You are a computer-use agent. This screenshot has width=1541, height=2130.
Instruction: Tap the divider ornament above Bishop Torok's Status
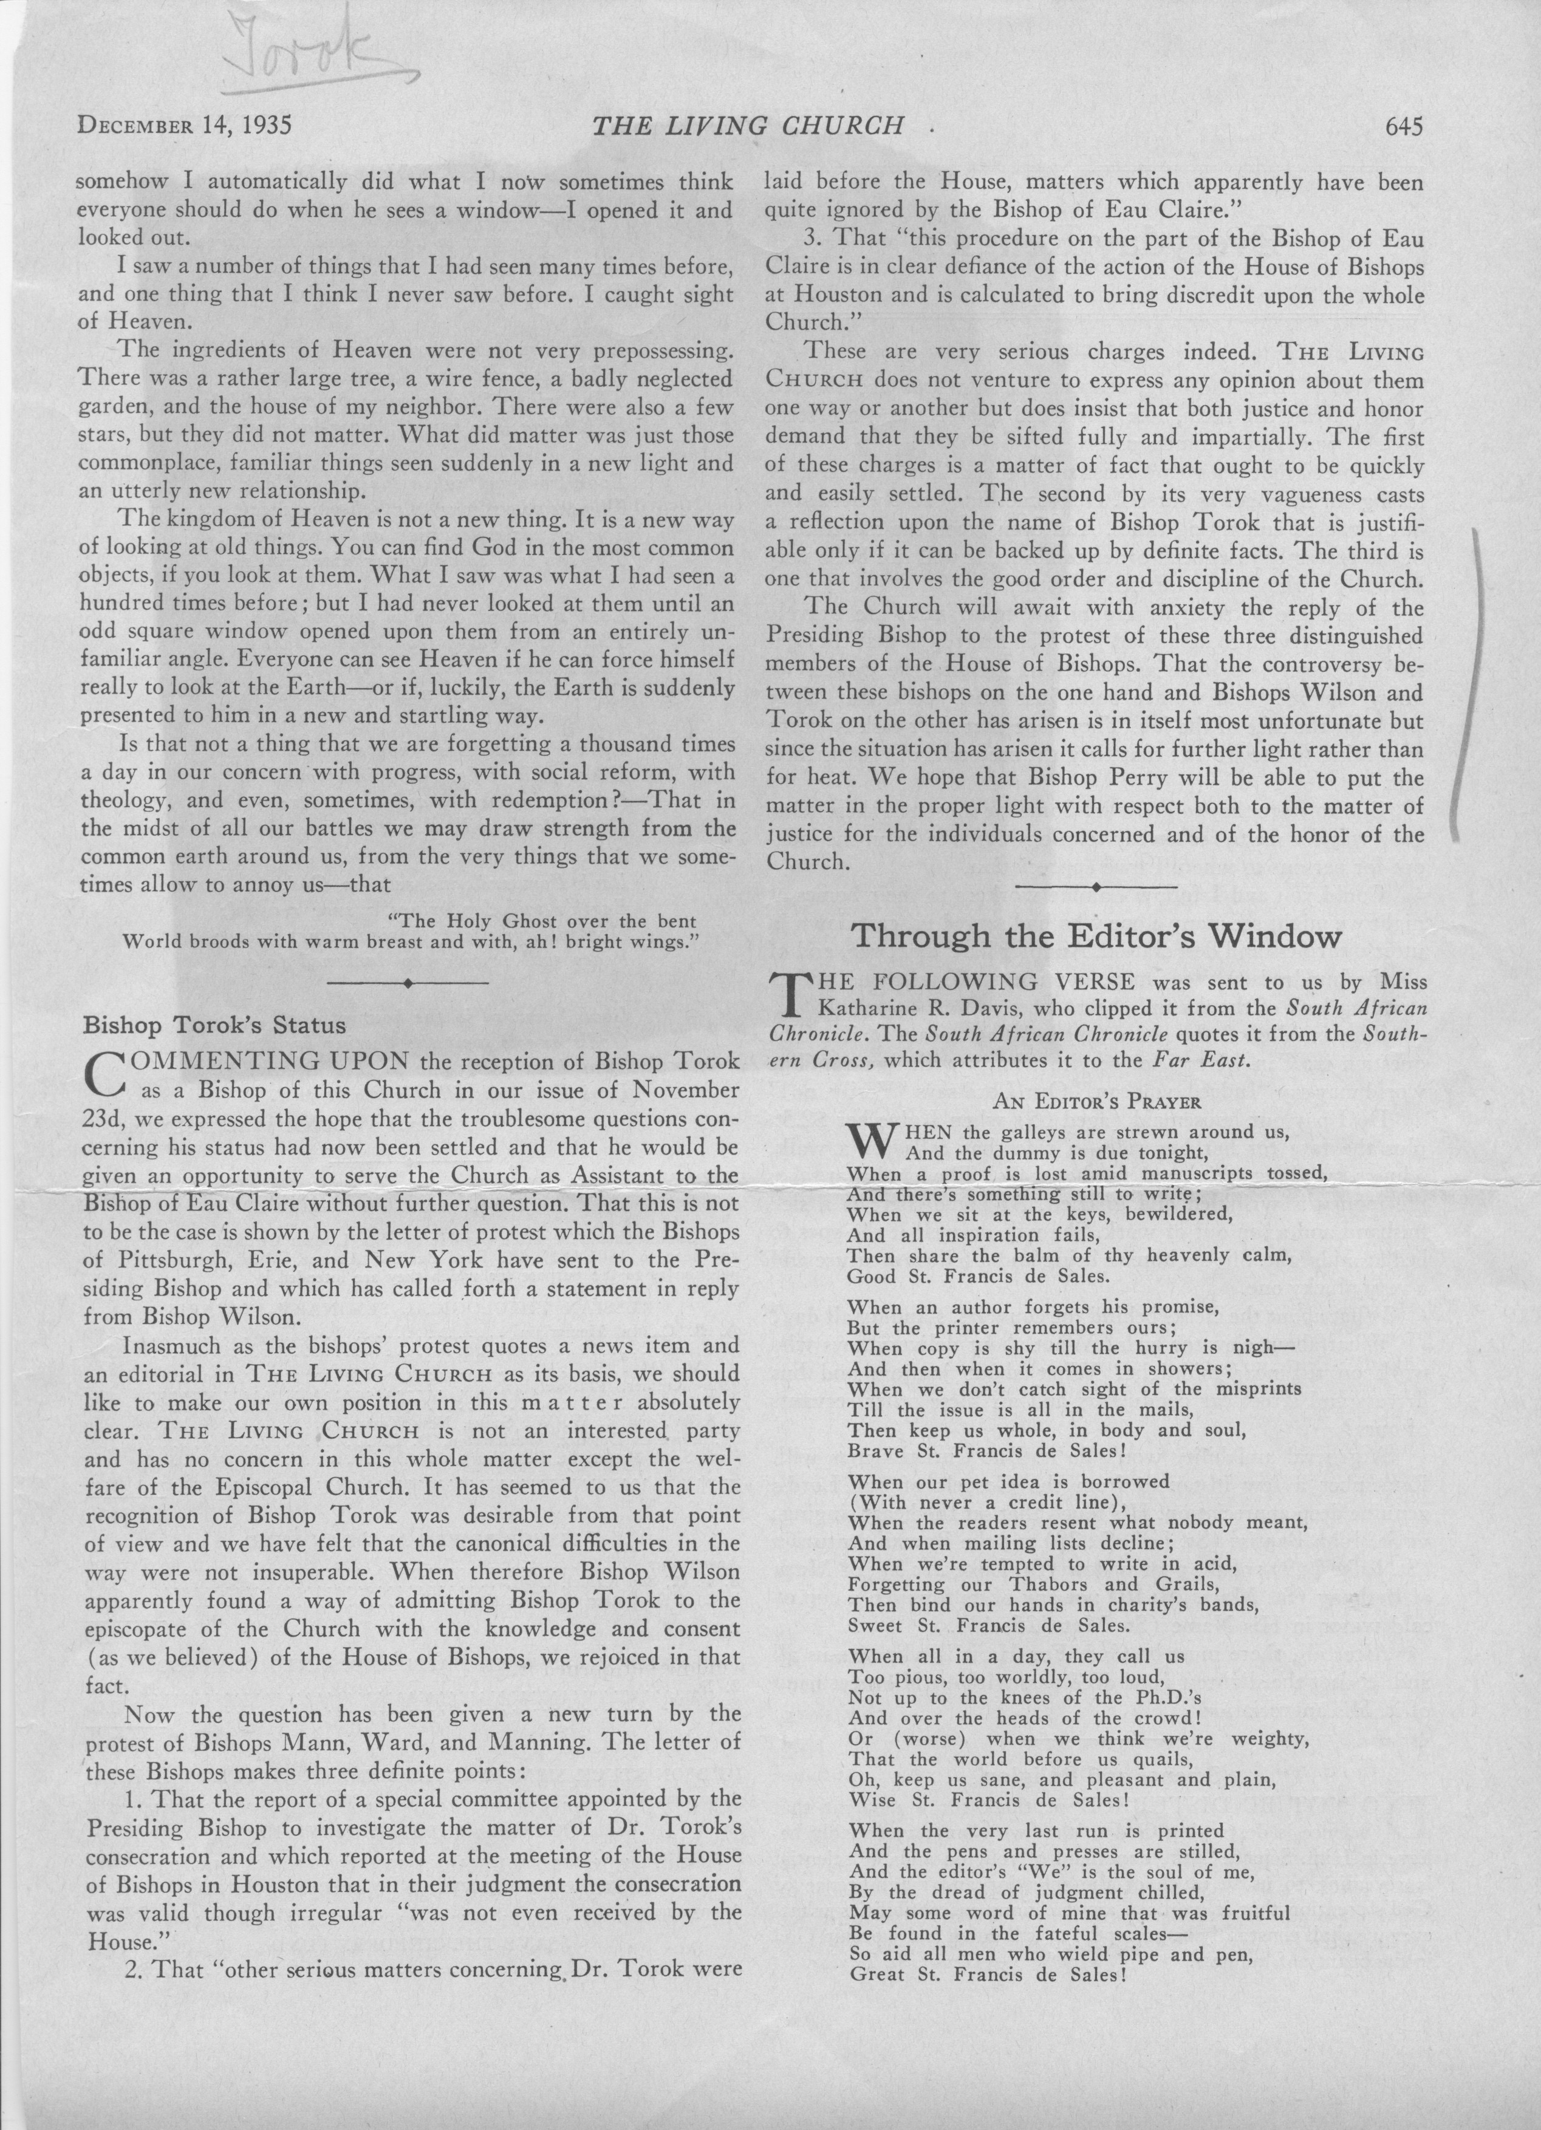[x=406, y=982]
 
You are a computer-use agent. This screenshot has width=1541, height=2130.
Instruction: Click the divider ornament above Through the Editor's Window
[x=1095, y=886]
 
